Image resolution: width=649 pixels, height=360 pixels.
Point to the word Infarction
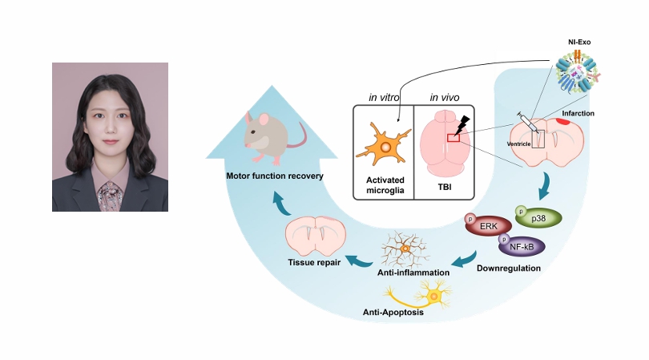(x=578, y=114)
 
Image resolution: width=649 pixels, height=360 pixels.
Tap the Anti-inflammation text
(x=413, y=273)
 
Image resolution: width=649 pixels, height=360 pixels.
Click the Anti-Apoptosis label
(x=393, y=312)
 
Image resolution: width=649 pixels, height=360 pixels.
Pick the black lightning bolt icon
(x=464, y=126)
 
